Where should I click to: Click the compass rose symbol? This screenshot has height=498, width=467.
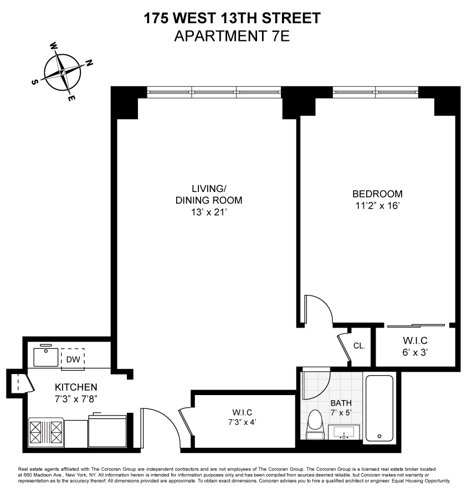tap(63, 72)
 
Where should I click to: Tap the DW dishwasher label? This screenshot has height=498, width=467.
tap(73, 359)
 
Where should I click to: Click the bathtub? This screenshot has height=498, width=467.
tap(379, 409)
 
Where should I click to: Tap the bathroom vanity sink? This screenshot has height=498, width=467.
tap(344, 432)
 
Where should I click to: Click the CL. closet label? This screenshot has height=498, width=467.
tap(359, 346)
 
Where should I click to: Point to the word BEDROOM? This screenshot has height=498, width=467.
tap(377, 194)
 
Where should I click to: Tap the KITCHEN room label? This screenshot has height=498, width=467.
tap(76, 387)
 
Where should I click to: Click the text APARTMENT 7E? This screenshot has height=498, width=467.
tap(232, 37)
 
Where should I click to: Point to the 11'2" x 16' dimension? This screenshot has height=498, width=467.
tap(377, 205)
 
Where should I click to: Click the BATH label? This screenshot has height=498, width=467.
tap(341, 403)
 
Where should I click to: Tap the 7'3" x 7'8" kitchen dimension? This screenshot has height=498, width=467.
tap(76, 397)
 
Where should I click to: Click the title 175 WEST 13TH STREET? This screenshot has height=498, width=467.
tap(232, 19)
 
